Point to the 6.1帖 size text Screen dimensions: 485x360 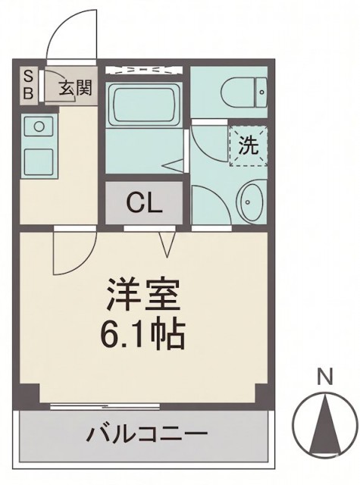144,333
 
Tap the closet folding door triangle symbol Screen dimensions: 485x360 167,241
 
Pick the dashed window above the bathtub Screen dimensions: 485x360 143,70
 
